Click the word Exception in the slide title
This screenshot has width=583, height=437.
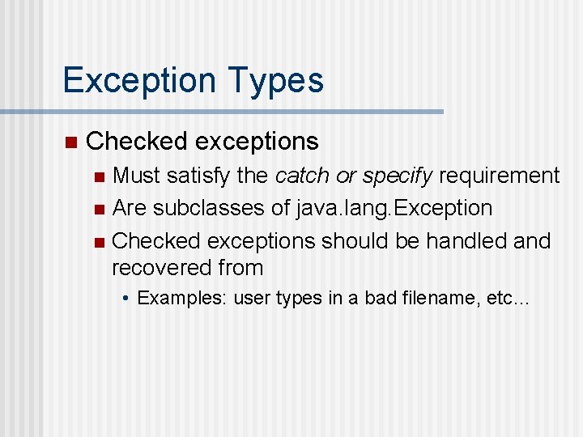[x=139, y=80]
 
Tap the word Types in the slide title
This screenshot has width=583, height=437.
[x=276, y=80]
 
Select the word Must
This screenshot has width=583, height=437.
[x=136, y=175]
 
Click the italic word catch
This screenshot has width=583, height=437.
[x=301, y=175]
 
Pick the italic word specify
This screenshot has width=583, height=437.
[x=398, y=176]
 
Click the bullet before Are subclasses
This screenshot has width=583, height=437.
[x=99, y=209]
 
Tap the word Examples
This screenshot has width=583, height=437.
[x=182, y=298]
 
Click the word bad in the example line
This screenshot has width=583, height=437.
[x=380, y=298]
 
